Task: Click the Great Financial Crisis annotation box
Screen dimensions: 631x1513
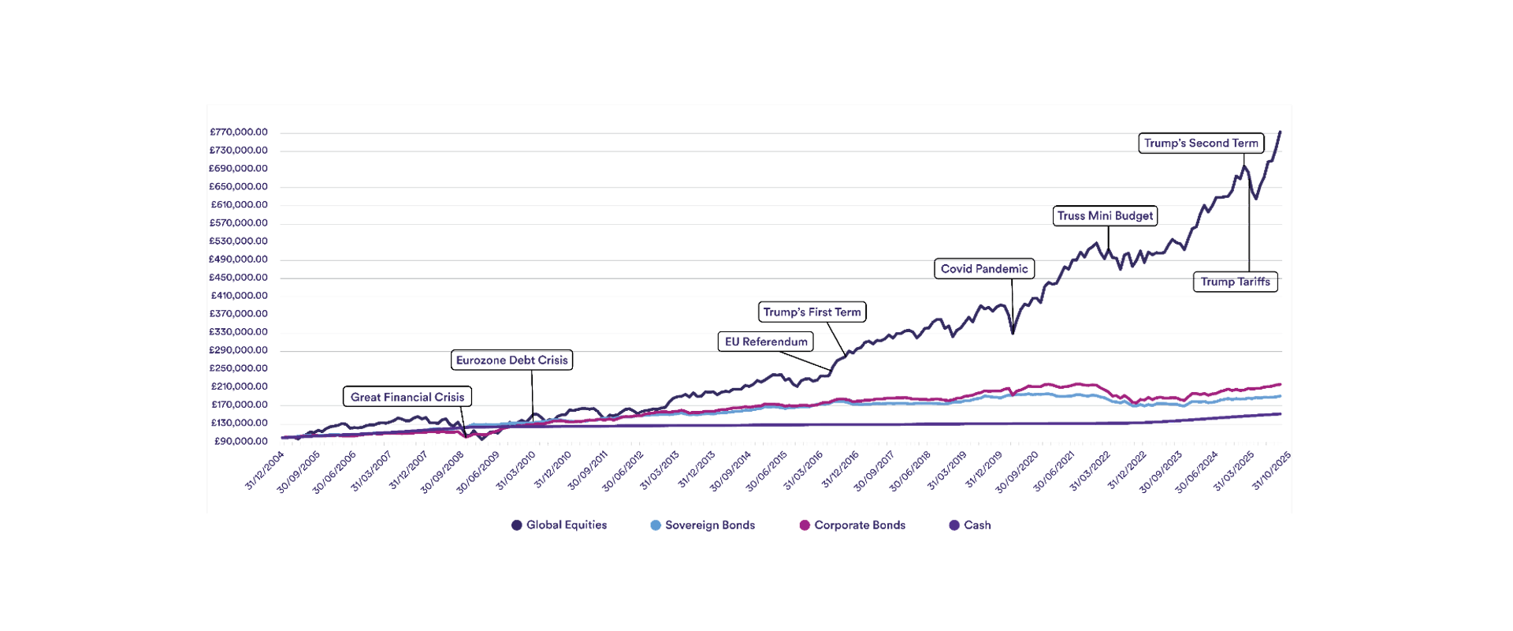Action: click(x=407, y=397)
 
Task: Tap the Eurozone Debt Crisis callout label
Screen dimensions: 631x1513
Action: click(x=512, y=360)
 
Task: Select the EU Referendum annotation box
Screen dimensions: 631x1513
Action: click(x=766, y=342)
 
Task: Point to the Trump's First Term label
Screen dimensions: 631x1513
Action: click(x=812, y=312)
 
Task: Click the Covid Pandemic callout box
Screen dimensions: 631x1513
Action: click(x=984, y=269)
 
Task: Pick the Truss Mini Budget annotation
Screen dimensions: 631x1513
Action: click(x=1106, y=216)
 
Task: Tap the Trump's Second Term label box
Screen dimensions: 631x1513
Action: click(x=1201, y=144)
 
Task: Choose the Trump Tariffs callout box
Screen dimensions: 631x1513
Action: click(x=1235, y=282)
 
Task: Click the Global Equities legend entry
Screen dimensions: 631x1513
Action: click(x=559, y=525)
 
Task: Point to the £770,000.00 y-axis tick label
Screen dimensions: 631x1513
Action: click(x=238, y=133)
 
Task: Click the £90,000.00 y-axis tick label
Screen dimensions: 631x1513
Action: click(x=240, y=442)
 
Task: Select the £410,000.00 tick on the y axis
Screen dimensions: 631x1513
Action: click(x=238, y=296)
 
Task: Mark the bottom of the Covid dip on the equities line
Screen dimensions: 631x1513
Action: click(x=1013, y=334)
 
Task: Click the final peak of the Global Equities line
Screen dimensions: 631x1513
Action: click(x=1281, y=133)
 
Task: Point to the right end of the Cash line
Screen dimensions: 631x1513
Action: click(x=1281, y=414)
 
